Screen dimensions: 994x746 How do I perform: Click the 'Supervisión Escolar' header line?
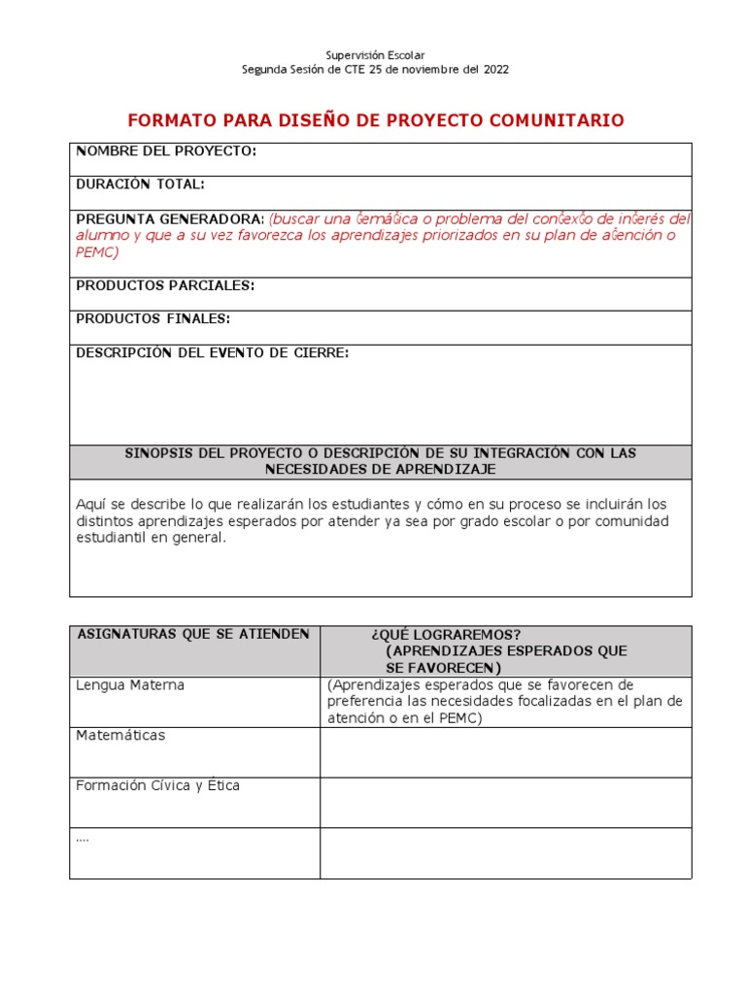375,55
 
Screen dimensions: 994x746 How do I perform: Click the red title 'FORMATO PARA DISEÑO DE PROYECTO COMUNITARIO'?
376,120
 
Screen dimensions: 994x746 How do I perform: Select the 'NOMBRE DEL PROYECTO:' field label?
166,151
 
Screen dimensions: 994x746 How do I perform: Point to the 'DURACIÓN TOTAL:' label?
140,184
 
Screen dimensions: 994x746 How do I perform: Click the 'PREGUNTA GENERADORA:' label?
170,218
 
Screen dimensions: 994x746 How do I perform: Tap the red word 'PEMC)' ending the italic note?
97,251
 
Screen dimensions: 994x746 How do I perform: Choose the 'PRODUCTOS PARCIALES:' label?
165,285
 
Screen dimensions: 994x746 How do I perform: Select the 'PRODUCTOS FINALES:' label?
153,318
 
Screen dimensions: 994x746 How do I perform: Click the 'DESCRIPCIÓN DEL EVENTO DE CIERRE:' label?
212,352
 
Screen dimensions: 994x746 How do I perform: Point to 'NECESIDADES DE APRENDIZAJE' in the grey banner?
380,469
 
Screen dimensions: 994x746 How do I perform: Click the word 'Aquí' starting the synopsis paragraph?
90,504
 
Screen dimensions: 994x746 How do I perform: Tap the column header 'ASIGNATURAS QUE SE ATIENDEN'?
192,634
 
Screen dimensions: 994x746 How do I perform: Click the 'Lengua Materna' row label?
129,685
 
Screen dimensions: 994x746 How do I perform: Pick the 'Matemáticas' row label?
120,735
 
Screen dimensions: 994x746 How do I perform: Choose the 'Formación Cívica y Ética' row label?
157,785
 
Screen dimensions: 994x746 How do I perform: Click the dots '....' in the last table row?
83,838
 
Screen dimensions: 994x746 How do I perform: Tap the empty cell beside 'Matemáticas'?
505,752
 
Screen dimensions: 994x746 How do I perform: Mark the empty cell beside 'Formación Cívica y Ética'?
505,802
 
